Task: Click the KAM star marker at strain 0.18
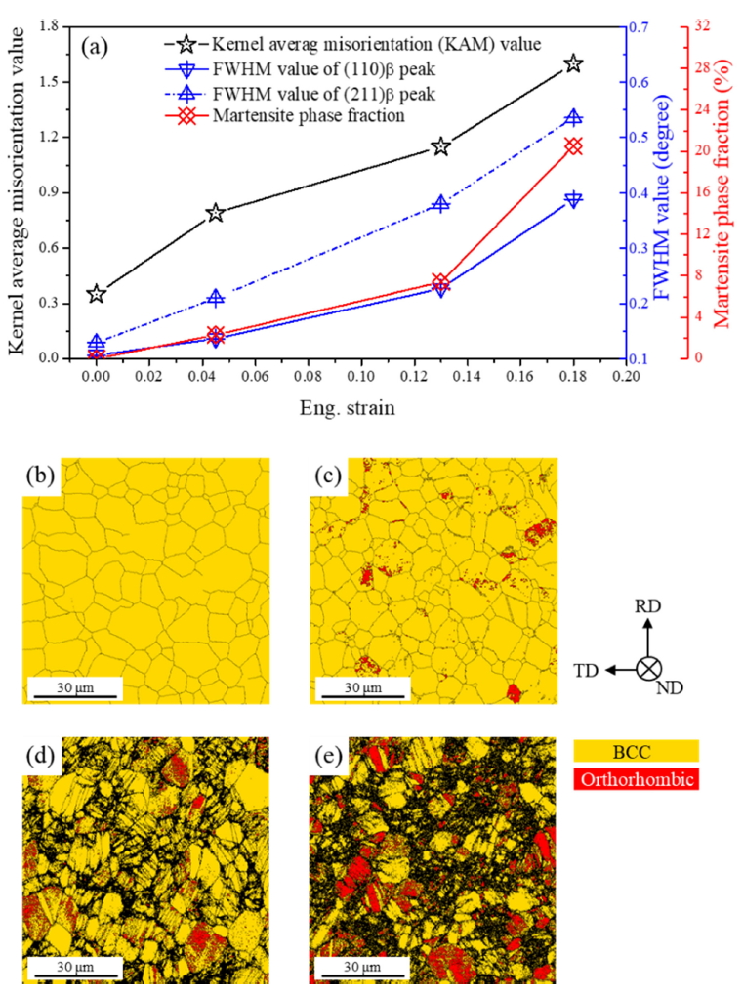573,63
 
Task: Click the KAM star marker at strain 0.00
96,294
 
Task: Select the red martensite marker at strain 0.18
573,146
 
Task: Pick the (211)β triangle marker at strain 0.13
440,203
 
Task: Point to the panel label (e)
325,754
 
